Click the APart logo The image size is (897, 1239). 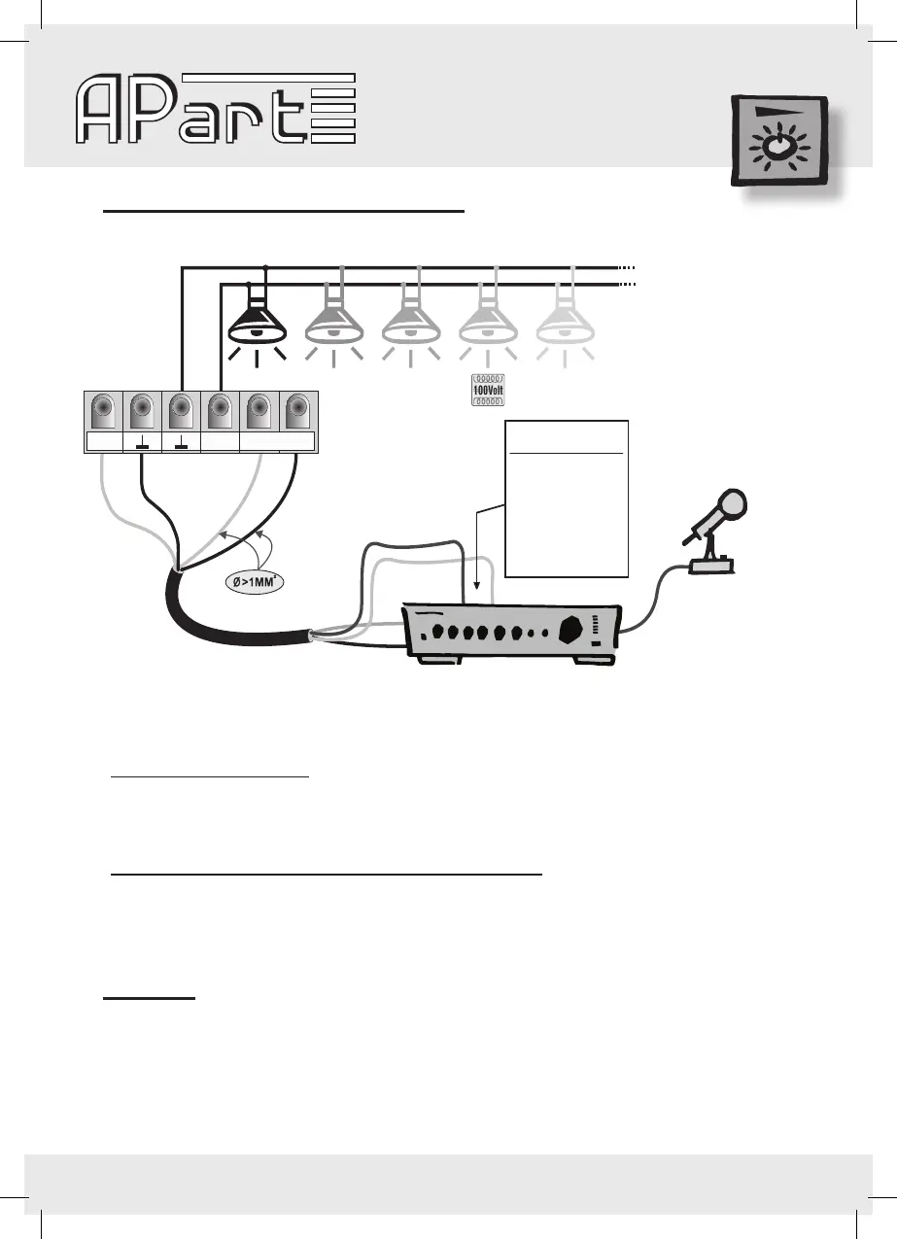pyautogui.click(x=216, y=109)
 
